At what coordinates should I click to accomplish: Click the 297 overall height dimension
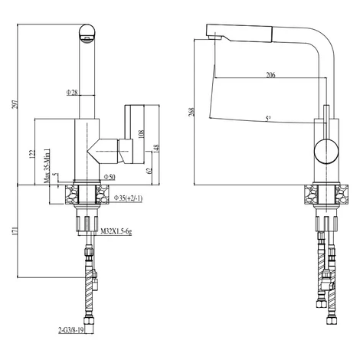coord(16,103)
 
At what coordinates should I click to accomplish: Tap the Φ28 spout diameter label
coord(72,92)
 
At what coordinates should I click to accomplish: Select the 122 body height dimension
coord(31,154)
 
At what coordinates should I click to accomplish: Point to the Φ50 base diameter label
coord(110,177)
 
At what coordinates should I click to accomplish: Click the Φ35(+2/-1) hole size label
coord(128,198)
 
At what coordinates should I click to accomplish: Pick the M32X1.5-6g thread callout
coord(116,231)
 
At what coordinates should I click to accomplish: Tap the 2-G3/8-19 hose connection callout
coord(71,330)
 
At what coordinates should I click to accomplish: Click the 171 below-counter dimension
coord(15,231)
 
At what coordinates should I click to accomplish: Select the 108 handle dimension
coord(142,134)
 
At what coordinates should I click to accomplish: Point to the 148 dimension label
coord(156,149)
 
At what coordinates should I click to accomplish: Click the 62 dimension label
coord(149,171)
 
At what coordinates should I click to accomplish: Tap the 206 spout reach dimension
coord(271,75)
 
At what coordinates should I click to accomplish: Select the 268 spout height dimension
coord(191,112)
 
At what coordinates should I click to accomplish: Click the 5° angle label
coord(268,119)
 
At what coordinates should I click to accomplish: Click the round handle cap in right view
coord(326,151)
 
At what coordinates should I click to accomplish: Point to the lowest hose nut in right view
coord(332,320)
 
